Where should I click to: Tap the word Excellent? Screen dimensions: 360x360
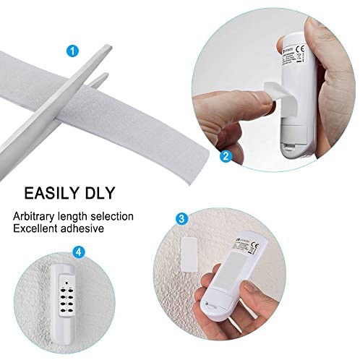click(33, 228)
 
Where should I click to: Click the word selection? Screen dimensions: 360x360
click(111, 215)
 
